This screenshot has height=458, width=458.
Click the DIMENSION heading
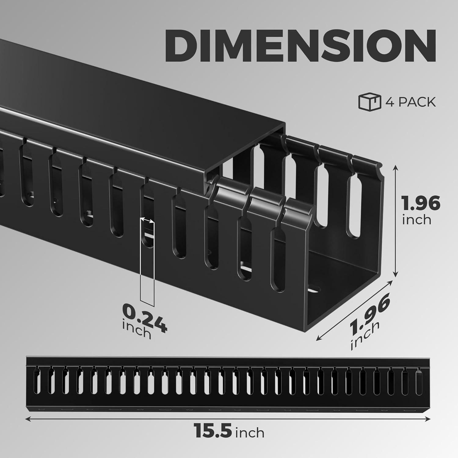[300, 46]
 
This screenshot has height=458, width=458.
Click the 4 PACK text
[411, 102]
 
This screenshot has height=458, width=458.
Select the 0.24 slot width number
[144, 318]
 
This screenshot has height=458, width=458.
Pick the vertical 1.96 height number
[421, 204]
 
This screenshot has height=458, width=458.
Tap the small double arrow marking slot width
[147, 220]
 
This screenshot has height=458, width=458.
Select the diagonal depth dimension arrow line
[354, 310]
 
